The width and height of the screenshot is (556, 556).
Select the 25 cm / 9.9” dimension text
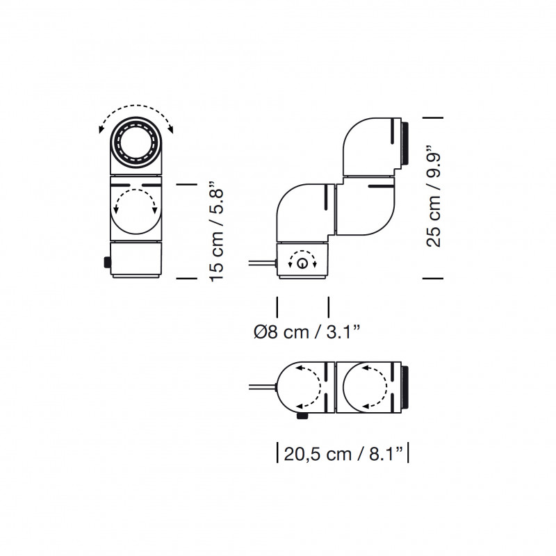coord(434,197)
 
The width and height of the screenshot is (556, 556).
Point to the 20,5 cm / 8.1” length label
coord(343,455)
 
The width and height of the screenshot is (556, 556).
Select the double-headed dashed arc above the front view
coord(136,112)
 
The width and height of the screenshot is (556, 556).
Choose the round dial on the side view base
coord(302,263)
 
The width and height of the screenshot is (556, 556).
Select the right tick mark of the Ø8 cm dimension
coord(329,306)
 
